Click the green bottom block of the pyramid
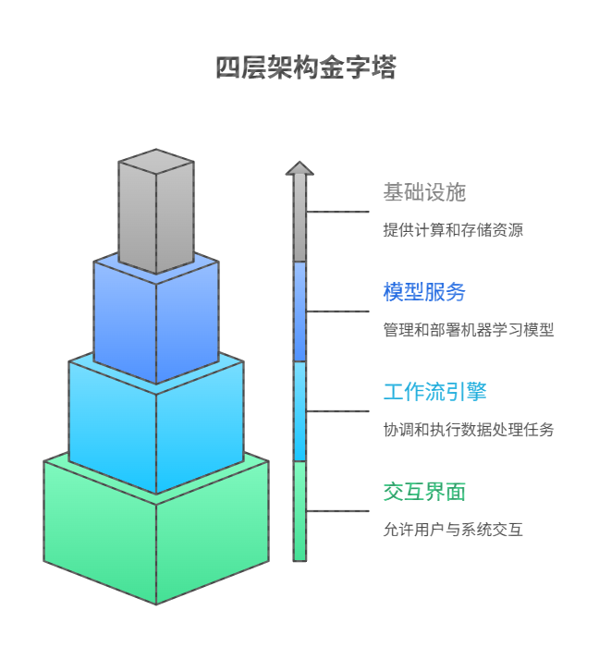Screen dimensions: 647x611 click(156, 536)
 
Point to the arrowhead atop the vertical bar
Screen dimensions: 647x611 click(299, 168)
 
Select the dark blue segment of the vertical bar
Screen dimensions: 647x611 click(299, 311)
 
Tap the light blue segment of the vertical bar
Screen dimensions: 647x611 click(299, 410)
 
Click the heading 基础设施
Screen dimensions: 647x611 click(424, 193)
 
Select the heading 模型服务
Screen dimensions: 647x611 click(424, 292)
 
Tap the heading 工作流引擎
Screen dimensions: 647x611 click(434, 392)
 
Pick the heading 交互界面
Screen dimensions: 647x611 click(424, 492)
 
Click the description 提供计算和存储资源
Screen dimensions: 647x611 click(453, 230)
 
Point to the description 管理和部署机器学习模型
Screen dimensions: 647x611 click(469, 330)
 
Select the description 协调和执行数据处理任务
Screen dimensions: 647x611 click(469, 430)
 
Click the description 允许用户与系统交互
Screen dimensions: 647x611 click(453, 530)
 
